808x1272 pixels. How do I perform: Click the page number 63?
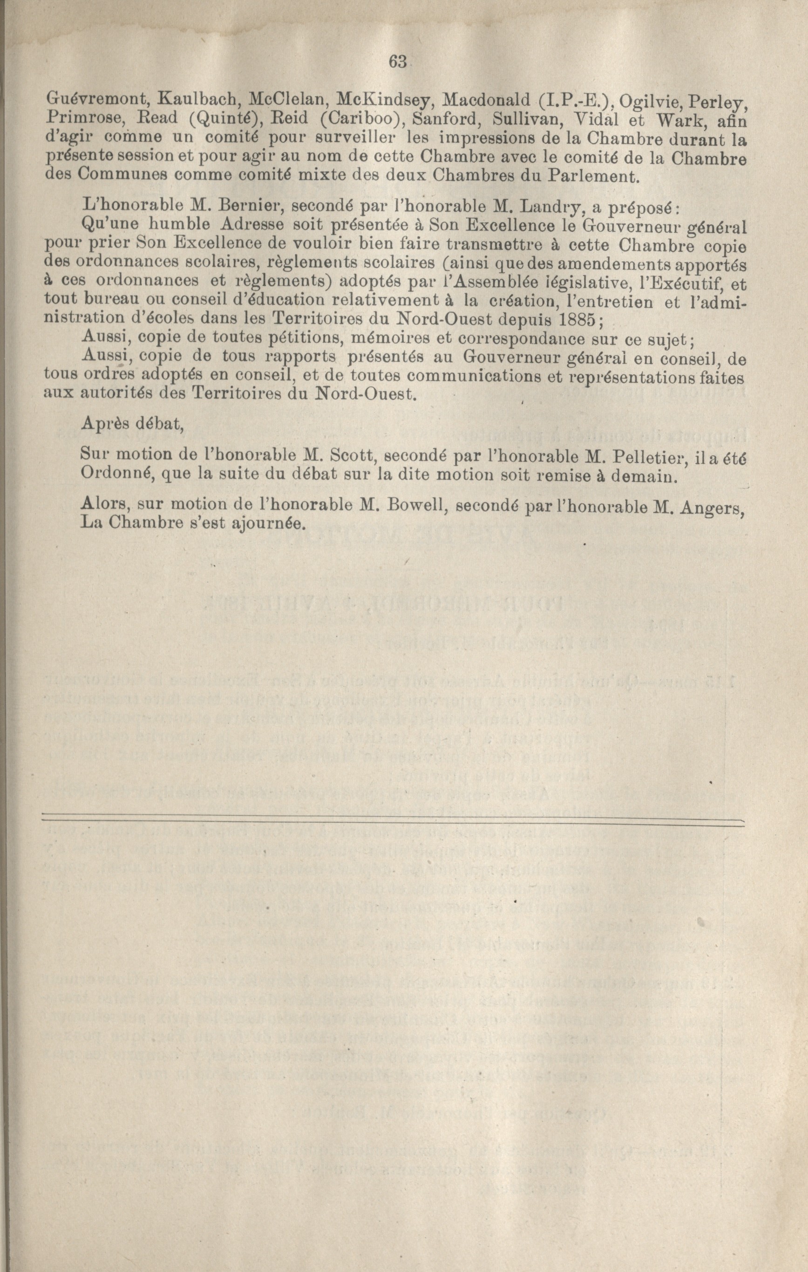pyautogui.click(x=397, y=62)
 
